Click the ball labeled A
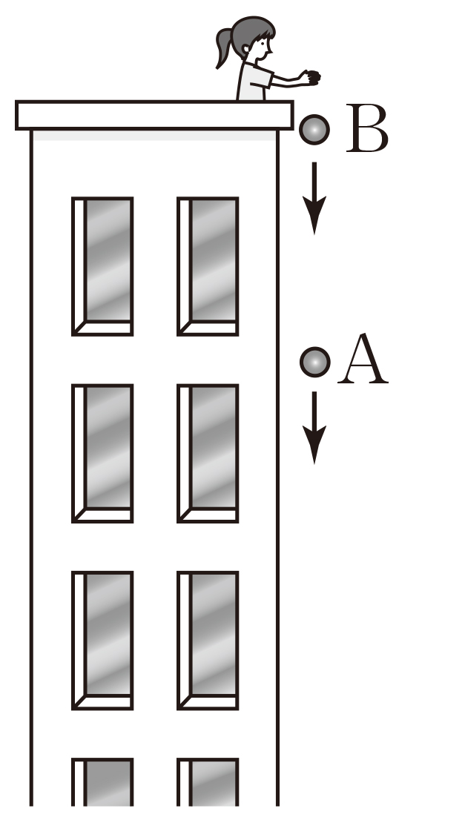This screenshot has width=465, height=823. click(x=314, y=362)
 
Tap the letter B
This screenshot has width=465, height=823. click(x=367, y=130)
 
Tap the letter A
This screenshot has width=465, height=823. click(x=363, y=360)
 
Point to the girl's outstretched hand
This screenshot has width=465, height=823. click(x=311, y=76)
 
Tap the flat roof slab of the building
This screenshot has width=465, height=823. click(x=154, y=115)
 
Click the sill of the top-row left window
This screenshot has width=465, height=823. click(x=105, y=328)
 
